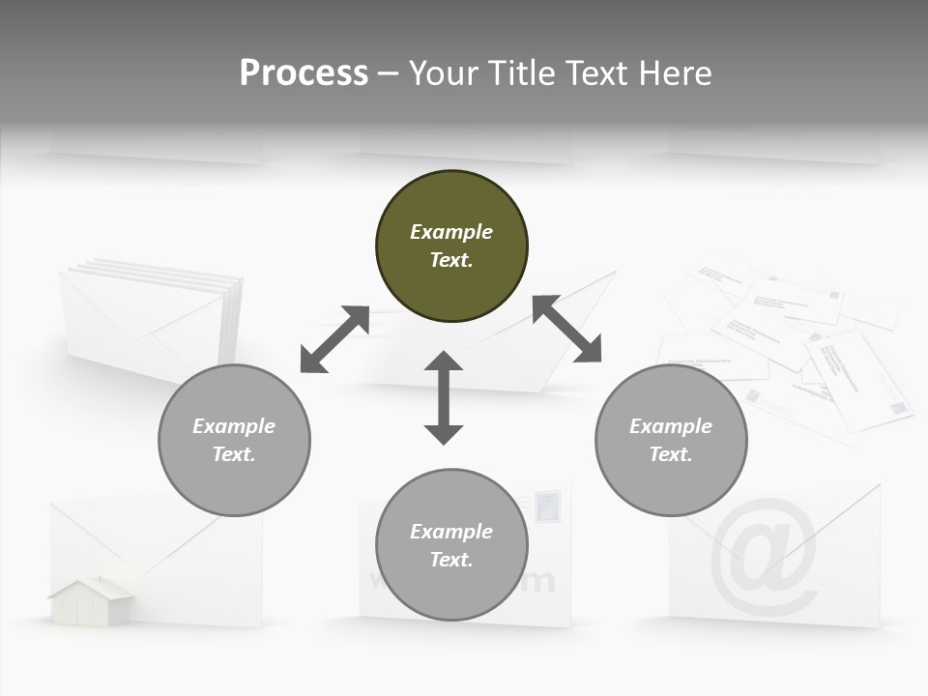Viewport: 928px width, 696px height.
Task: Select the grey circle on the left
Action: pos(234,440)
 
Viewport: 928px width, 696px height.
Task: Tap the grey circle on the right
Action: pos(671,440)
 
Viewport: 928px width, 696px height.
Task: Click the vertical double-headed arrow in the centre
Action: pos(444,397)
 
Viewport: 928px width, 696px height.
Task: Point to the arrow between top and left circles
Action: pos(334,339)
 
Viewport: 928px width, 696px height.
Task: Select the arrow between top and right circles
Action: pos(566,329)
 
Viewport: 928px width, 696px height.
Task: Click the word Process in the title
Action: pos(304,72)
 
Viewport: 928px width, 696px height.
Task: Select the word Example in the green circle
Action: pos(451,232)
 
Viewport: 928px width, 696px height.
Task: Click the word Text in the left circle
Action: pos(234,454)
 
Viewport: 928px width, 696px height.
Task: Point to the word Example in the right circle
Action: pos(671,426)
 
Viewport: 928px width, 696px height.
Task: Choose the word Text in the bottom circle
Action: pos(451,560)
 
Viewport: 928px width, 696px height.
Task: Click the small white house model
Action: pos(92,601)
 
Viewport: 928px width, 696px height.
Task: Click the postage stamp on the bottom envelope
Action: pos(546,506)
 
